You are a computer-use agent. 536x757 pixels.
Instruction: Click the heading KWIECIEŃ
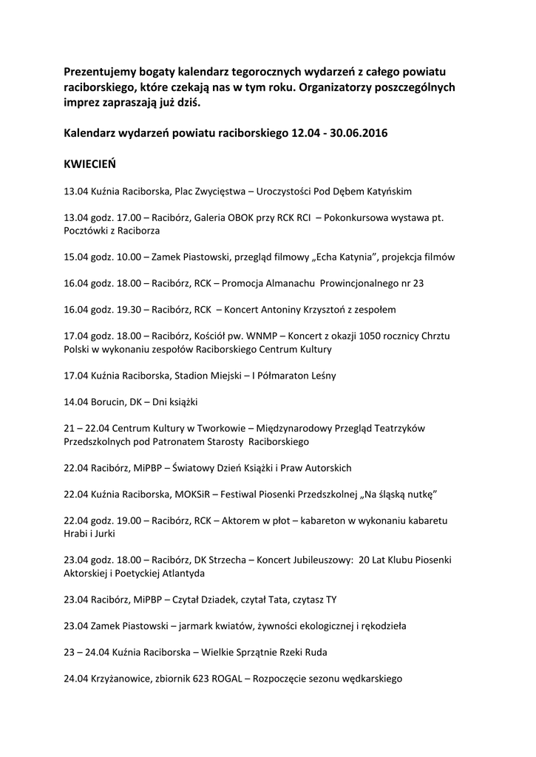click(89, 163)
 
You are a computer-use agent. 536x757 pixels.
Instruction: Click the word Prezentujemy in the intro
click(101, 72)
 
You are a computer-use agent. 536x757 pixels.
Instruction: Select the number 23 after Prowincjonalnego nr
click(418, 283)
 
